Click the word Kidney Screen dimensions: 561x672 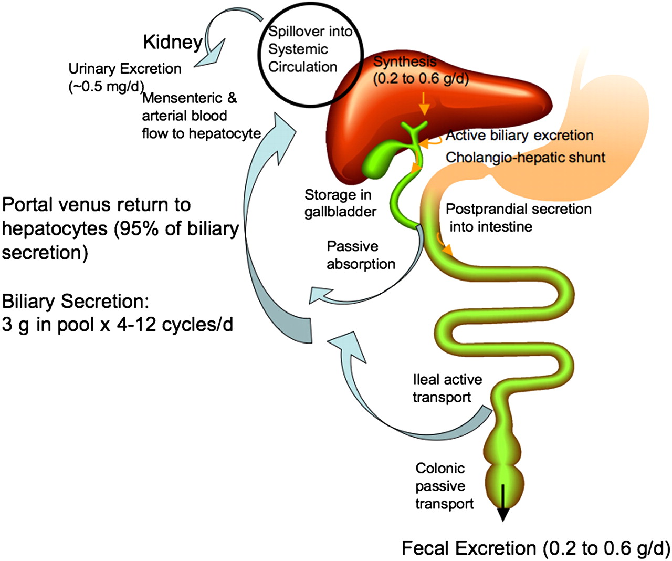click(x=173, y=43)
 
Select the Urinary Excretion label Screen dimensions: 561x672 click(x=124, y=69)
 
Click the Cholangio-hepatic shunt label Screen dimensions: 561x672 click(x=525, y=158)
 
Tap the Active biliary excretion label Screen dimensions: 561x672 click(x=519, y=136)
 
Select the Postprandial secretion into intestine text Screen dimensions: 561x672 click(x=518, y=218)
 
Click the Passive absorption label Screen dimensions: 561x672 click(x=360, y=255)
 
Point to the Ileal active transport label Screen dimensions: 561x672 click(x=447, y=388)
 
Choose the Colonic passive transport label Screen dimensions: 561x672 click(x=444, y=486)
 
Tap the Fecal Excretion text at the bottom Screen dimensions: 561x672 click(x=535, y=548)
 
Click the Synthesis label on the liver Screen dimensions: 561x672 click(x=404, y=61)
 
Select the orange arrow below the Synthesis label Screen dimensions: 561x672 click(x=424, y=106)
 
